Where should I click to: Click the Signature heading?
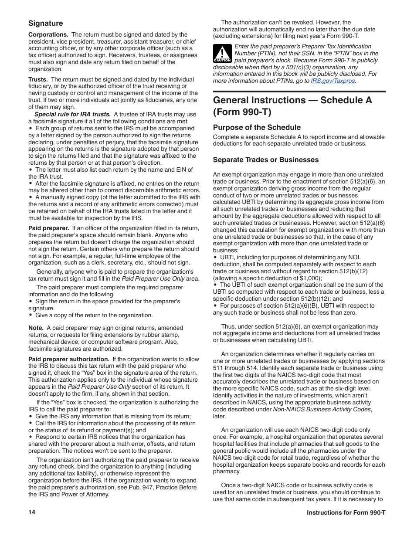(x=46, y=23)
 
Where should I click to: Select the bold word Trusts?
(x=37, y=79)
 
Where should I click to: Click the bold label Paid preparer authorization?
(x=68, y=359)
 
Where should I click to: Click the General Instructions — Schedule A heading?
(x=292, y=106)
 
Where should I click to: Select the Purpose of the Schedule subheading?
(x=257, y=127)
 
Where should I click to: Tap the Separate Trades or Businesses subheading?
(x=266, y=159)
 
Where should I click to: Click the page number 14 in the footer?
(x=32, y=512)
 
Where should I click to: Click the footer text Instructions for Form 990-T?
(x=346, y=512)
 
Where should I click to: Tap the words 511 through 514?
(x=234, y=368)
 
